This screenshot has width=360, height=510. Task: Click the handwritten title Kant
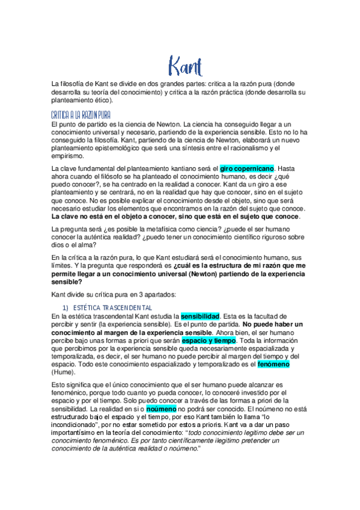[x=185, y=65]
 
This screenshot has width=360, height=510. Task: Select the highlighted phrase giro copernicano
[x=247, y=169]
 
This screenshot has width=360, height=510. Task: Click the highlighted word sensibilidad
[x=201, y=315]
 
